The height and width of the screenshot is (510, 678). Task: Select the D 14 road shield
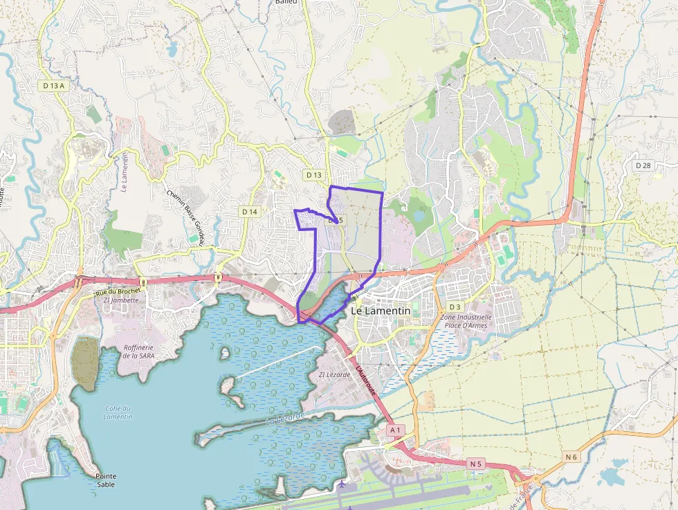(x=250, y=211)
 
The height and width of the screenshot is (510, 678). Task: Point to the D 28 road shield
(x=643, y=165)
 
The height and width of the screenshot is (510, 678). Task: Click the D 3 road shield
(x=455, y=307)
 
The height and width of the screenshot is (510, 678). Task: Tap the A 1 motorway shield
(x=396, y=430)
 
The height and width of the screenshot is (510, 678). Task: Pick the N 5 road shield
(x=475, y=463)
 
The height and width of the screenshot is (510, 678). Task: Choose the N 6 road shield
(x=571, y=457)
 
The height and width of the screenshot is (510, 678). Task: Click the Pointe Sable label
(x=107, y=480)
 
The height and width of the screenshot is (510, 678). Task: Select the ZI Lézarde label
(x=335, y=374)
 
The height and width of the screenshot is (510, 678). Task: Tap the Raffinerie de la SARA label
(x=138, y=352)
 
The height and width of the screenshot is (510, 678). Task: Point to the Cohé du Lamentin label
(x=118, y=412)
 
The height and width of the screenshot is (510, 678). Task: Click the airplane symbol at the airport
(x=342, y=484)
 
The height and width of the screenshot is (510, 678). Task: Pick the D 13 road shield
(x=314, y=175)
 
